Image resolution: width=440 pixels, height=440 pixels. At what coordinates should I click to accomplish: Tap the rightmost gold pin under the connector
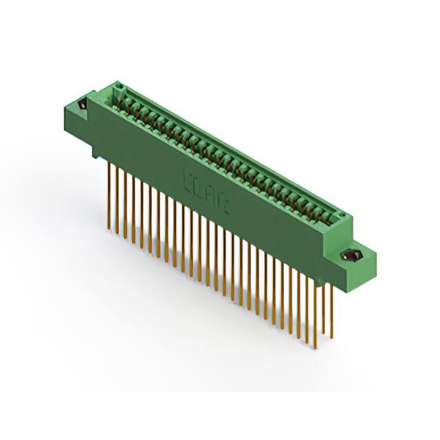click(x=332, y=316)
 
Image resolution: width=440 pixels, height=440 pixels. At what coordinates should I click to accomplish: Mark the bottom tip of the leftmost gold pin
click(x=109, y=225)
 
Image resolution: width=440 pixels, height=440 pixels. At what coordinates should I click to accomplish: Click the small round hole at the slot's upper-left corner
click(x=118, y=87)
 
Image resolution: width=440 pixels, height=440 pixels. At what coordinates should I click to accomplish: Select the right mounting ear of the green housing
click(x=357, y=261)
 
